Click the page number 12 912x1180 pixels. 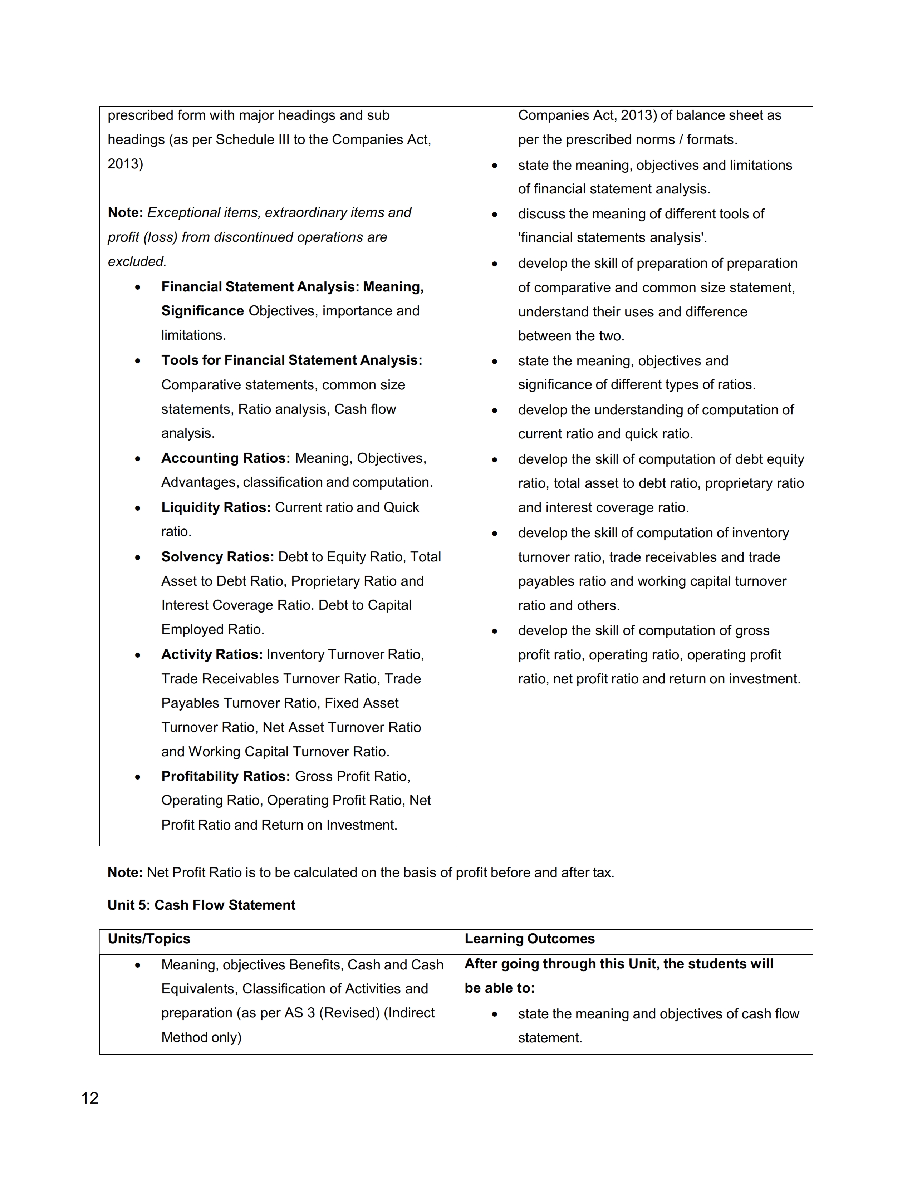click(x=90, y=1098)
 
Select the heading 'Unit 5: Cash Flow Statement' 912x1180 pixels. click(x=201, y=905)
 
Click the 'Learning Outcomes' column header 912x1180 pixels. click(x=529, y=939)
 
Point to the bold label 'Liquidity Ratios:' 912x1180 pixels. click(x=216, y=507)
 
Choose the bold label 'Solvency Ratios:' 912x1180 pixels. click(x=218, y=556)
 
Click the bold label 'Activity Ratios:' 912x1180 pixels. click(x=212, y=654)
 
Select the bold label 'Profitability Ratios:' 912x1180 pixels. click(x=226, y=776)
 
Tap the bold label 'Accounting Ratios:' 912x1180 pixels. click(x=225, y=458)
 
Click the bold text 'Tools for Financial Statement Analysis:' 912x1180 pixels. click(x=292, y=360)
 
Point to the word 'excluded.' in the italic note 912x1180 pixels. click(x=137, y=261)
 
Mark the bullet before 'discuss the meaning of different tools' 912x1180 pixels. click(x=494, y=215)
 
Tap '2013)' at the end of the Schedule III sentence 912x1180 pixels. click(x=125, y=164)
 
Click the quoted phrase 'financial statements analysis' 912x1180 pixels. click(x=612, y=238)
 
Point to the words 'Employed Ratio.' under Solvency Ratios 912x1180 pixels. click(x=212, y=629)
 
